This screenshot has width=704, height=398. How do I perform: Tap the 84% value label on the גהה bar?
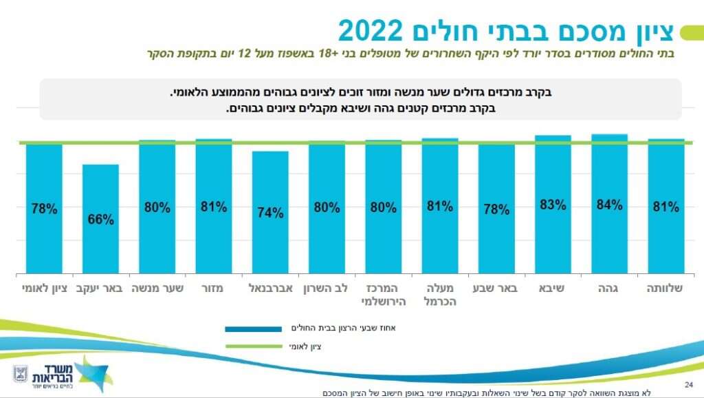point(609,205)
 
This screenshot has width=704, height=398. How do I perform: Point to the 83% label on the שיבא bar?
point(553,205)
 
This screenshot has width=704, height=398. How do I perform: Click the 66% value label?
point(100,220)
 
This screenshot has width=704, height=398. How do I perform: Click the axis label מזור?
point(213,289)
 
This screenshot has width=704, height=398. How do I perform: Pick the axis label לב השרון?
point(327,289)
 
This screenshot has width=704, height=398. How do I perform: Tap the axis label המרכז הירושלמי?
point(383,295)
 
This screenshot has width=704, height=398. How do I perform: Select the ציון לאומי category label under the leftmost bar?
point(44,289)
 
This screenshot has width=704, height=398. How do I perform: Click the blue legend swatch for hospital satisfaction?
point(255,329)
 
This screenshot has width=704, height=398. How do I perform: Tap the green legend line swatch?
point(255,347)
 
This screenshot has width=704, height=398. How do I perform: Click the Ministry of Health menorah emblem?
point(20,374)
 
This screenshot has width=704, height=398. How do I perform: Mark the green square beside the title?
point(687,32)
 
